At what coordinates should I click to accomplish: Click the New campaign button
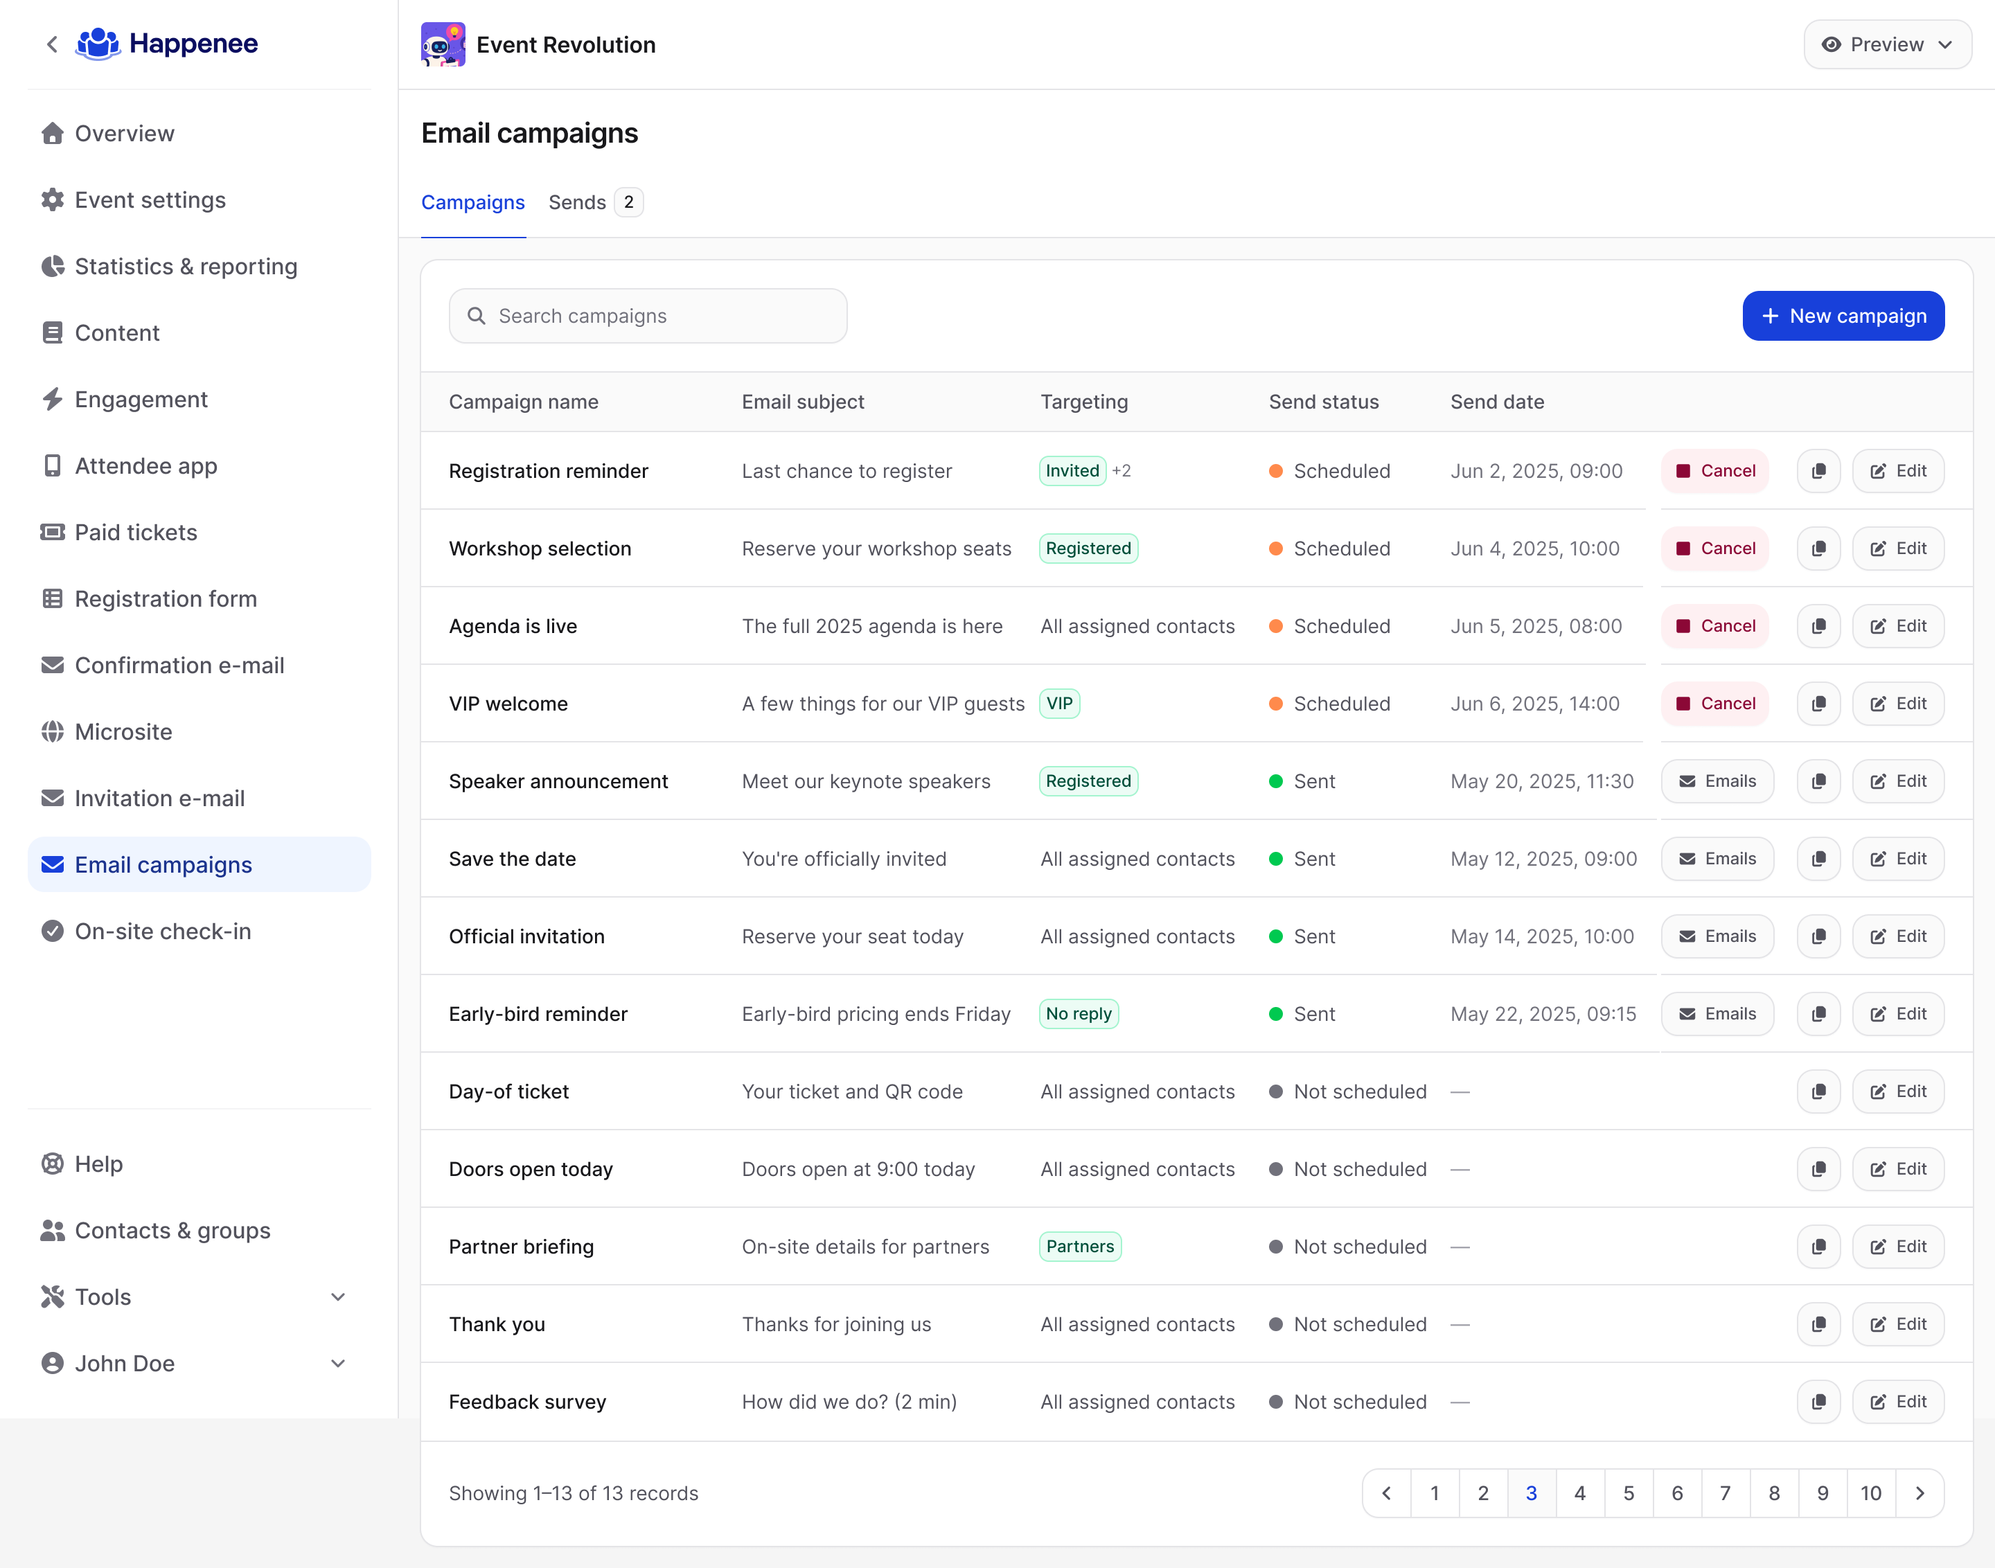tap(1843, 316)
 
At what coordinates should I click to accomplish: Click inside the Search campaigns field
tap(648, 316)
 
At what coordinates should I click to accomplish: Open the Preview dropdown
tap(1887, 44)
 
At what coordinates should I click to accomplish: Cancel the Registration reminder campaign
tap(1715, 471)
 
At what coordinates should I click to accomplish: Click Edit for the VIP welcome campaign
tap(1898, 704)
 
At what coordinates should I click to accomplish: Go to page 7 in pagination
tap(1725, 1494)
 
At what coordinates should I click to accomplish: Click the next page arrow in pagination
tap(1919, 1494)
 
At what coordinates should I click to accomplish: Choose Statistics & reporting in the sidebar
tap(186, 266)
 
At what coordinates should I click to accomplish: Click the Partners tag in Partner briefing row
tap(1080, 1247)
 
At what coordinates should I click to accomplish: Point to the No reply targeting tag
tap(1079, 1015)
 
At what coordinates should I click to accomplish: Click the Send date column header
tap(1496, 402)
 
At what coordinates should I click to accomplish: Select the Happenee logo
tap(167, 44)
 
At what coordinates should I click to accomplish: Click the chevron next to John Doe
tap(338, 1364)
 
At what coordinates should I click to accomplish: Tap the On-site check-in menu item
tap(163, 931)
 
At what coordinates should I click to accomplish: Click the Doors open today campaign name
tap(531, 1170)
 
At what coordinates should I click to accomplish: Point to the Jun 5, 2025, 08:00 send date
tap(1536, 626)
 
